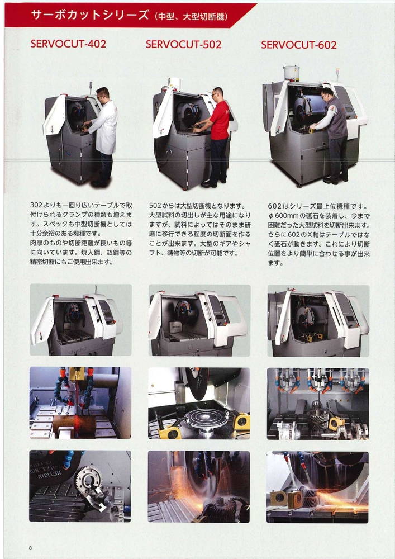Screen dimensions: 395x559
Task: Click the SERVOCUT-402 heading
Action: click(x=68, y=44)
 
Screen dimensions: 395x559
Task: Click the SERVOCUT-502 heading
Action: click(x=183, y=44)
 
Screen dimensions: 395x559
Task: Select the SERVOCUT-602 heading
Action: click(x=298, y=45)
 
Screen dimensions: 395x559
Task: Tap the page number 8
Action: click(x=30, y=548)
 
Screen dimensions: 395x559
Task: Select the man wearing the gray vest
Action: click(x=332, y=135)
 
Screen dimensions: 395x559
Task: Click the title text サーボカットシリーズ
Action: click(x=89, y=15)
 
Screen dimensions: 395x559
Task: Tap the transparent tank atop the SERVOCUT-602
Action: click(x=291, y=73)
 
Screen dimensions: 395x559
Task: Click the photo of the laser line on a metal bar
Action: click(x=80, y=403)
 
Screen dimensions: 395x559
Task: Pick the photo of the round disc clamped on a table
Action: click(x=199, y=403)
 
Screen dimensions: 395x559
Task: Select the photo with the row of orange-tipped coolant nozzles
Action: click(x=318, y=404)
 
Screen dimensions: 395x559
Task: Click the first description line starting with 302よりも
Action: click(x=81, y=206)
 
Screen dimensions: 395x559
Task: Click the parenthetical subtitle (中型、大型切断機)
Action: click(x=191, y=16)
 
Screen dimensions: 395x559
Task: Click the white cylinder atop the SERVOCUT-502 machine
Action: click(x=174, y=83)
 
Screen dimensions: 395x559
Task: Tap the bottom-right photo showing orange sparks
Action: click(x=318, y=487)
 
